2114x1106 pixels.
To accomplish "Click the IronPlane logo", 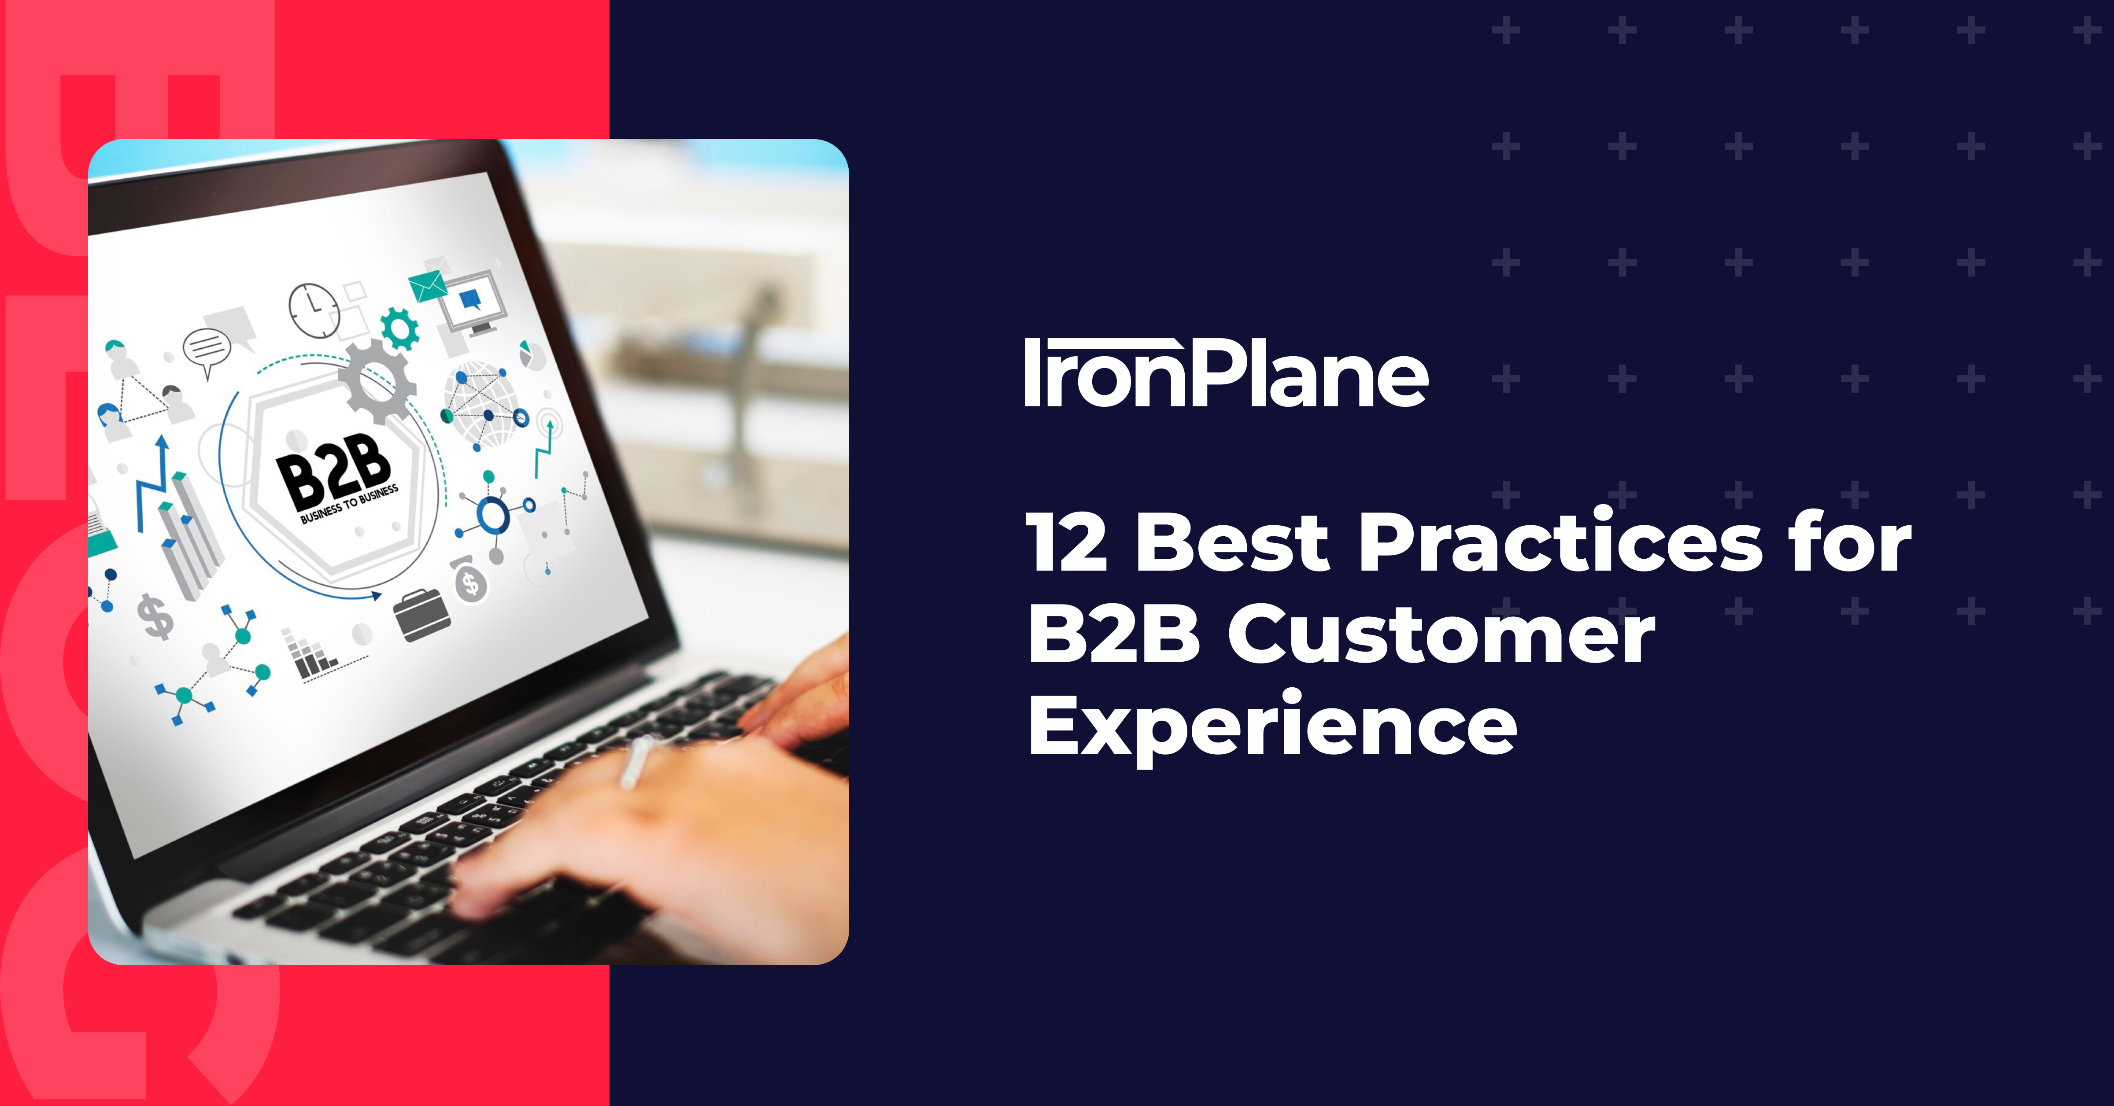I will (1226, 373).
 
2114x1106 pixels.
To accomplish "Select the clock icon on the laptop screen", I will (314, 310).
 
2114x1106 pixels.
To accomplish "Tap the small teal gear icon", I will (399, 328).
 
